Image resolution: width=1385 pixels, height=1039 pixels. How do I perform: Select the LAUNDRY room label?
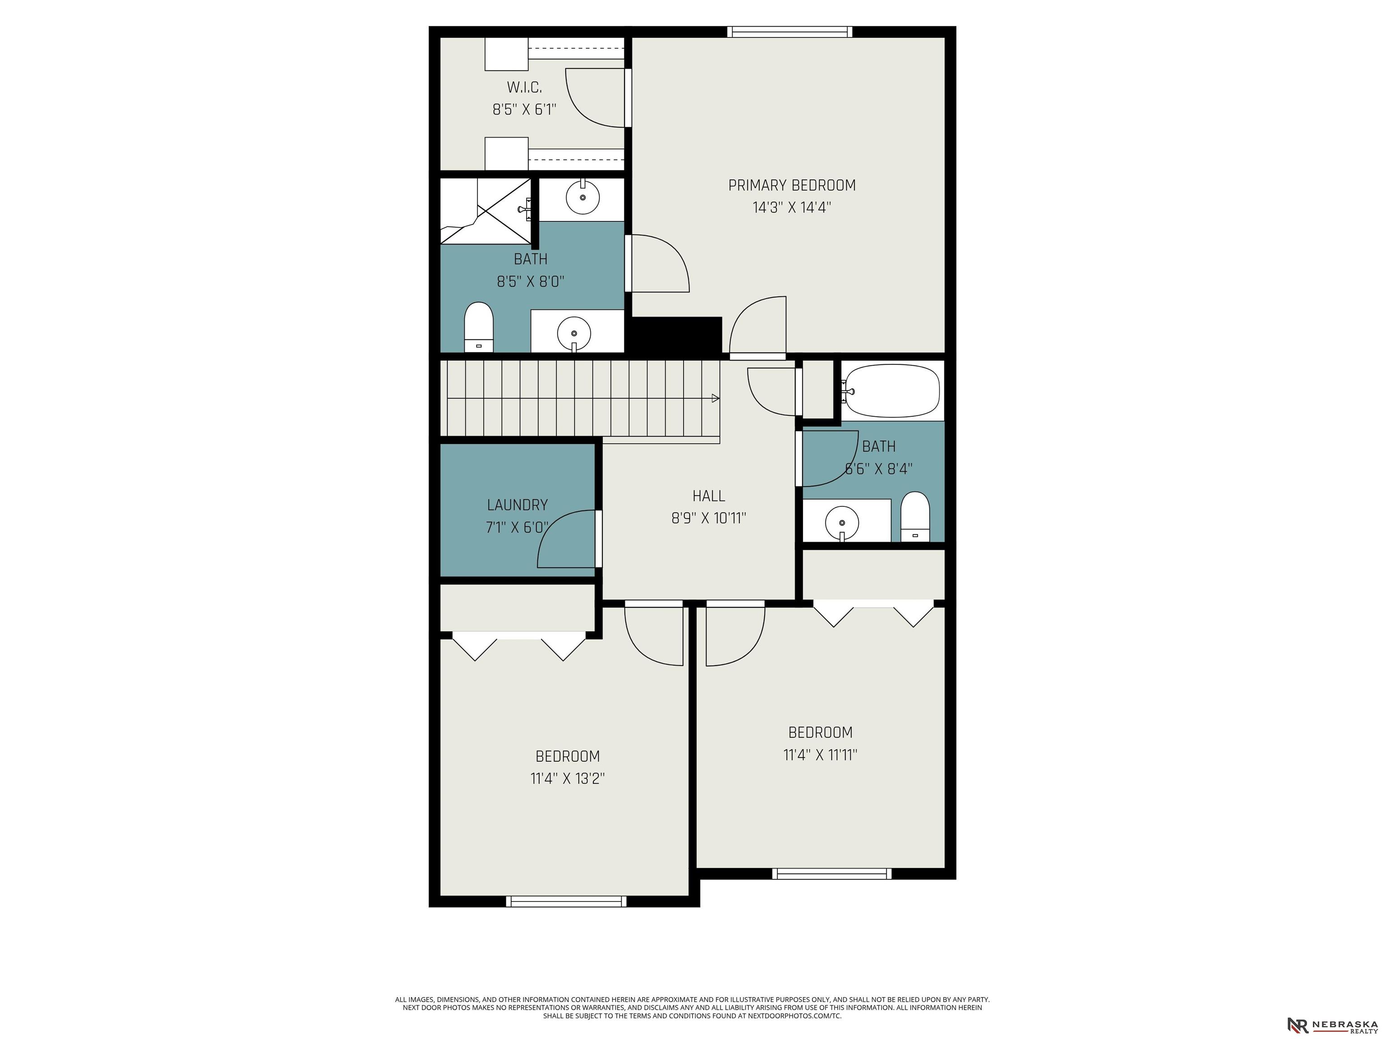517,505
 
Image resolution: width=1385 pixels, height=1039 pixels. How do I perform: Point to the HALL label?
709,496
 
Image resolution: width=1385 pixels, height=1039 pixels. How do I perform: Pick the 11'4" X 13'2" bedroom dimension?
567,778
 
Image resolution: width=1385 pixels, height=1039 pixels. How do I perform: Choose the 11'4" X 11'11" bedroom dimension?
820,754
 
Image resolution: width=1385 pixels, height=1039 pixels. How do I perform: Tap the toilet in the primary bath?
479,327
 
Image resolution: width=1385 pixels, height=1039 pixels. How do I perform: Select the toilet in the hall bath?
915,516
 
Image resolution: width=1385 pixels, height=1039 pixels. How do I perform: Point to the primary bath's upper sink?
583,197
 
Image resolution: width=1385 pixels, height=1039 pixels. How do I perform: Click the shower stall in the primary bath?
485,211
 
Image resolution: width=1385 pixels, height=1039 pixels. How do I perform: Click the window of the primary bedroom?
790,31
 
